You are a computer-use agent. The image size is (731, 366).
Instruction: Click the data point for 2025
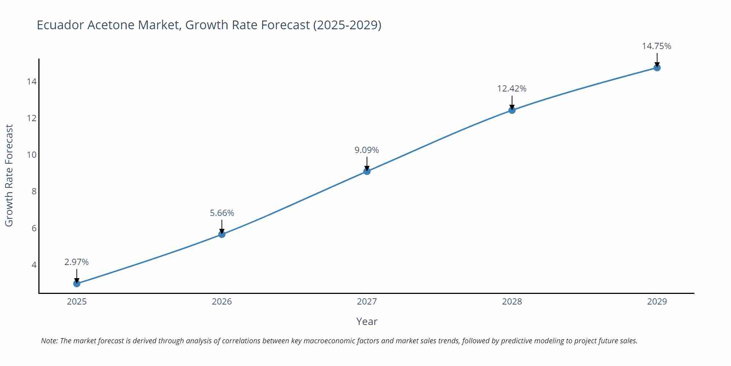click(x=77, y=283)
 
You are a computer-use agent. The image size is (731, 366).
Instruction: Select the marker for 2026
click(x=222, y=234)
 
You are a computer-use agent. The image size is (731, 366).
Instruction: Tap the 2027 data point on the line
click(x=367, y=171)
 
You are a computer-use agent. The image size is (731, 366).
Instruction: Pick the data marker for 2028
click(x=512, y=110)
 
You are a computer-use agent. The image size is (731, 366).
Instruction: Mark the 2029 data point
click(x=657, y=68)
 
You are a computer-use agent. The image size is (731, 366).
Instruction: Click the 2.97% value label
click(x=76, y=262)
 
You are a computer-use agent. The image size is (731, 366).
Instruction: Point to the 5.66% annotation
click(x=222, y=213)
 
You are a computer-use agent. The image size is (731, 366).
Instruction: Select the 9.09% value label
click(x=367, y=150)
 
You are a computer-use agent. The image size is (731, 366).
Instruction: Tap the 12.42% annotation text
click(x=512, y=89)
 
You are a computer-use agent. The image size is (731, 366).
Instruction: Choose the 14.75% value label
click(x=656, y=46)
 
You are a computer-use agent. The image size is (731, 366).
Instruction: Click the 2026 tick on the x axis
click(x=222, y=302)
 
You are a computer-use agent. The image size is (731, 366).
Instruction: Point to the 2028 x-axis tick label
click(x=512, y=302)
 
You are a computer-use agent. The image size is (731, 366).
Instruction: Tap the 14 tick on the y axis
click(x=32, y=81)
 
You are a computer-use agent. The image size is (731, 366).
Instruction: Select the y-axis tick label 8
click(x=34, y=191)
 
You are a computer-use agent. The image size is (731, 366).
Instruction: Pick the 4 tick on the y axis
click(x=34, y=265)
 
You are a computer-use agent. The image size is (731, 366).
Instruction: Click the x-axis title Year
click(x=367, y=321)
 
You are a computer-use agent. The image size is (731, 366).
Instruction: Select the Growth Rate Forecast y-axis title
click(x=9, y=175)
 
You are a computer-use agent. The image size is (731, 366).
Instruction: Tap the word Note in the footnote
click(x=49, y=341)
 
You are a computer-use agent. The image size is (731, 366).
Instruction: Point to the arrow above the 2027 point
click(x=367, y=163)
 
